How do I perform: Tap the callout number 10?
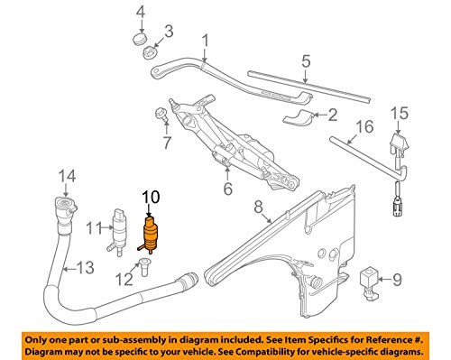pos(151,198)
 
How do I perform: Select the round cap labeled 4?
pos(139,39)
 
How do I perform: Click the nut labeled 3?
pos(149,52)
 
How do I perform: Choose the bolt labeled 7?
pos(161,115)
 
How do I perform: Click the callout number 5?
pos(306,61)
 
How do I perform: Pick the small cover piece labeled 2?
pos(298,117)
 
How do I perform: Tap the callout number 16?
pos(364,127)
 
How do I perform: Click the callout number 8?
pos(258,207)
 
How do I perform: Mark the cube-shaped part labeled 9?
pos(369,282)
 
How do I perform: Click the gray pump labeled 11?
pos(120,232)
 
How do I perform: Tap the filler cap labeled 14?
pos(66,208)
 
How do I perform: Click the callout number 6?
pos(227,189)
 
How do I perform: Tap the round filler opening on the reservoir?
pos(317,283)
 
